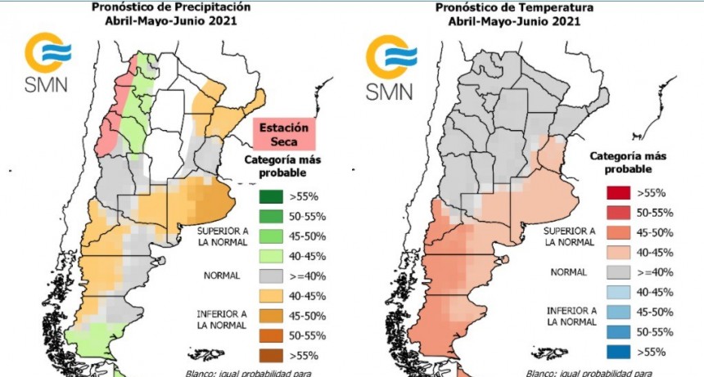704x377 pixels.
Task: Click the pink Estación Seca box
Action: pos(284,134)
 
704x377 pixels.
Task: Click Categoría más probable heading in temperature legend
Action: pos(629,162)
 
